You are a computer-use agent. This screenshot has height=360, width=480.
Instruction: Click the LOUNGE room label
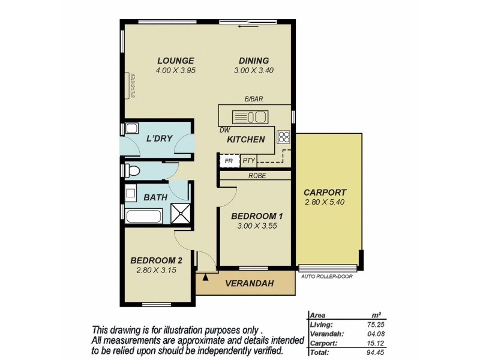point(175,61)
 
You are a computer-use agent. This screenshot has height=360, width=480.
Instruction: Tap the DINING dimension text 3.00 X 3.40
point(254,70)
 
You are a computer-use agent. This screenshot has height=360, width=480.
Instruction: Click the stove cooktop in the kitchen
point(284,136)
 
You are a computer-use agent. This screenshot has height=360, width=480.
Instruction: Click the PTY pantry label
point(249,161)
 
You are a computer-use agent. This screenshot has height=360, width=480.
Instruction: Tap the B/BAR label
point(254,100)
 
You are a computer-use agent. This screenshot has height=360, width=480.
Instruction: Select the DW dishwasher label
point(224,130)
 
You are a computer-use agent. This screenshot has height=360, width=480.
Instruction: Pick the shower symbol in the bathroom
point(180,214)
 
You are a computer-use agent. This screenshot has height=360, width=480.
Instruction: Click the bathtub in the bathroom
point(143,215)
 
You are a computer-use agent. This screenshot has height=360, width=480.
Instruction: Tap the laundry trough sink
point(131,128)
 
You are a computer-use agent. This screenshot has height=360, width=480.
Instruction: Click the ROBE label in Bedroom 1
point(257,176)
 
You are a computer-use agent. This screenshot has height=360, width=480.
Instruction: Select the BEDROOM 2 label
point(156,260)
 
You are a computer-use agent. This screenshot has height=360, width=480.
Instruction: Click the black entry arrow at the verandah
point(206,277)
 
